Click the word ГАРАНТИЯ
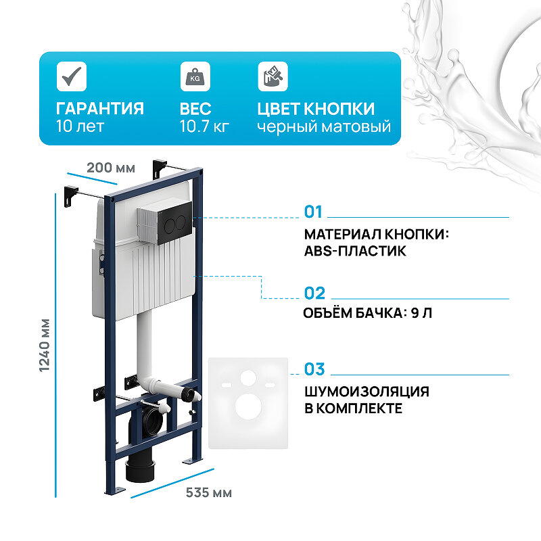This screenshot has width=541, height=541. (x=99, y=109)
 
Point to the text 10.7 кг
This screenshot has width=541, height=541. (x=204, y=126)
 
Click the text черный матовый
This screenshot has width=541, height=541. (x=324, y=126)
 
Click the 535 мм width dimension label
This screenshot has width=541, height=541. (x=208, y=493)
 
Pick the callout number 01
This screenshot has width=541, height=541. (x=314, y=212)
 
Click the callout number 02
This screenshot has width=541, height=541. (x=314, y=293)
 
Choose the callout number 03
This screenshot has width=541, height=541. (x=314, y=369)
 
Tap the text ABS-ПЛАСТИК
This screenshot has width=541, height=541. (x=355, y=251)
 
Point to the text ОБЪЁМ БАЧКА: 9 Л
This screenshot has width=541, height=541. (x=366, y=314)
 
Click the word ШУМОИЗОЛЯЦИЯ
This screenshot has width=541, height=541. (x=367, y=392)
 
